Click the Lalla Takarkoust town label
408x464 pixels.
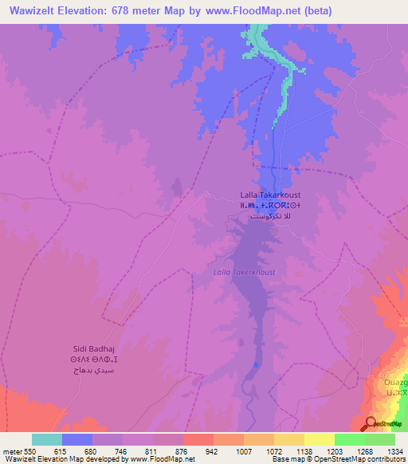[x=270, y=195]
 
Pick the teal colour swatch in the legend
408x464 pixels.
[x=47, y=438]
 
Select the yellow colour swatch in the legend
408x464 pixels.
[x=320, y=438]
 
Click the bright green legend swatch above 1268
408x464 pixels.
[x=350, y=438]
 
